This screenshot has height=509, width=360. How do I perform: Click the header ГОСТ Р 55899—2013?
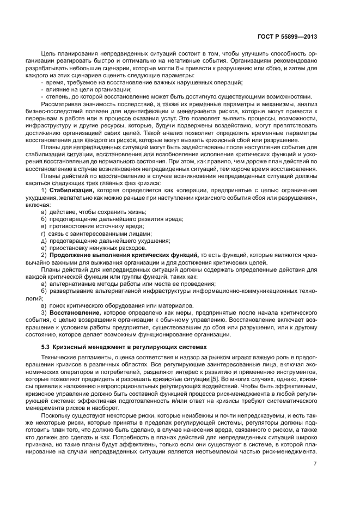[287, 36]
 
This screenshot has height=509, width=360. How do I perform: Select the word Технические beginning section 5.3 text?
[59, 357]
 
